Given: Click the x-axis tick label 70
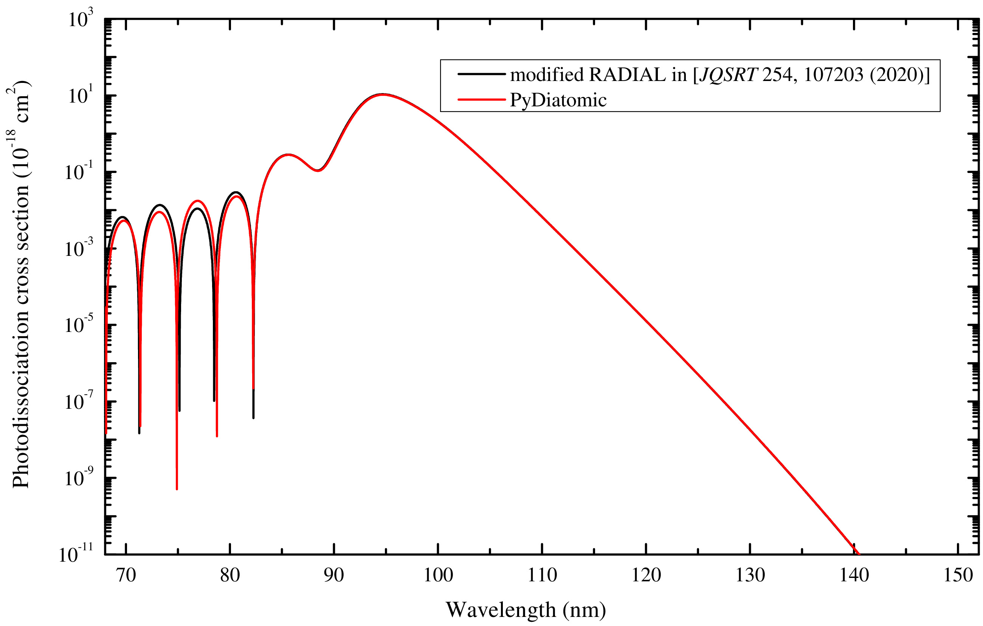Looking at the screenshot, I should [126, 576].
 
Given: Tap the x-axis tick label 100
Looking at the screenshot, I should [438, 576].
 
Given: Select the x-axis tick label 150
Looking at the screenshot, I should [958, 576].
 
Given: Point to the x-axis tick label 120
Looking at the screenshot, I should [646, 576].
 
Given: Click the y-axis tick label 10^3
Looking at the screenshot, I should [81, 19].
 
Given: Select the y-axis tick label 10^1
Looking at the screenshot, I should [81, 96].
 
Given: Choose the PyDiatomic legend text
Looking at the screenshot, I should [558, 100].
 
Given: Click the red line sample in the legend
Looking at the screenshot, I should [481, 99].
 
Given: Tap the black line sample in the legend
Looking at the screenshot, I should [481, 74].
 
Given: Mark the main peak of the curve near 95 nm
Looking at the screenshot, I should [383, 94].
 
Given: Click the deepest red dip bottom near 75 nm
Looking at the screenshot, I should [177, 488].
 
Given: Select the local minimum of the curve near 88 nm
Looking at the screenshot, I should [318, 170].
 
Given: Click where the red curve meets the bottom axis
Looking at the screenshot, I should [859, 554].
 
